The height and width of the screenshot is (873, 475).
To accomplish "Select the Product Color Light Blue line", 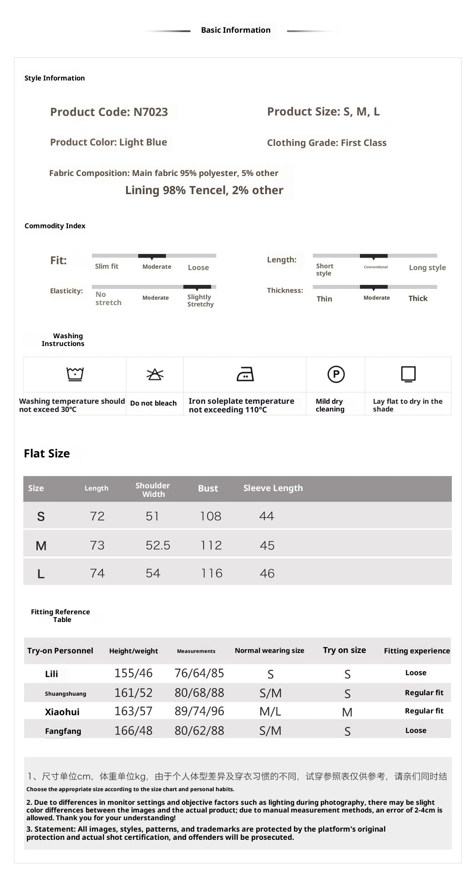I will tap(108, 142).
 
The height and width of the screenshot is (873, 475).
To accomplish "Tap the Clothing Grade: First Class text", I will tap(326, 143).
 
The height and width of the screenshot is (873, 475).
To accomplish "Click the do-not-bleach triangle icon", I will tap(155, 374).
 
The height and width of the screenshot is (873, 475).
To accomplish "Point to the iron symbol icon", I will tap(245, 374).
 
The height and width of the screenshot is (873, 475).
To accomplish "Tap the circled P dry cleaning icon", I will tap(336, 374).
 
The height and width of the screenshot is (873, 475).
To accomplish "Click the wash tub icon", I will tap(75, 374).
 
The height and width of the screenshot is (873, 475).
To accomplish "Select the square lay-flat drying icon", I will tap(408, 374).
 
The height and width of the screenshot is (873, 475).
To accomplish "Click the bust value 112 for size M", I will tap(211, 545).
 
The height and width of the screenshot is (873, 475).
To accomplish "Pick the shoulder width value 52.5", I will tap(158, 545).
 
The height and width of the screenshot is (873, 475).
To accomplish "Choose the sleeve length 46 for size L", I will tap(267, 573).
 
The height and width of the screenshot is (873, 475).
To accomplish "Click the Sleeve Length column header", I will tap(273, 488).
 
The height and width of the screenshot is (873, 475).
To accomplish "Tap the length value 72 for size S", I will tap(97, 516).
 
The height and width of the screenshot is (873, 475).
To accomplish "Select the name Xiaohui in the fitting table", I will tap(62, 712).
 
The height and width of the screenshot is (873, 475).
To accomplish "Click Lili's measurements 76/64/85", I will tap(199, 673).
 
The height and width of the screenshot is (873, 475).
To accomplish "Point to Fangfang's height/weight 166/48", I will tap(133, 731).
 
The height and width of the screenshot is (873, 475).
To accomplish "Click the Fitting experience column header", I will tap(417, 651).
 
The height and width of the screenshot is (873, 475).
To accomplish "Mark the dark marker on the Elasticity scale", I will tap(197, 287).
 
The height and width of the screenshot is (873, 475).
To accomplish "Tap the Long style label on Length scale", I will tap(427, 267).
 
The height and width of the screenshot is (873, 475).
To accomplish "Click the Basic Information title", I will tap(236, 30).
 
